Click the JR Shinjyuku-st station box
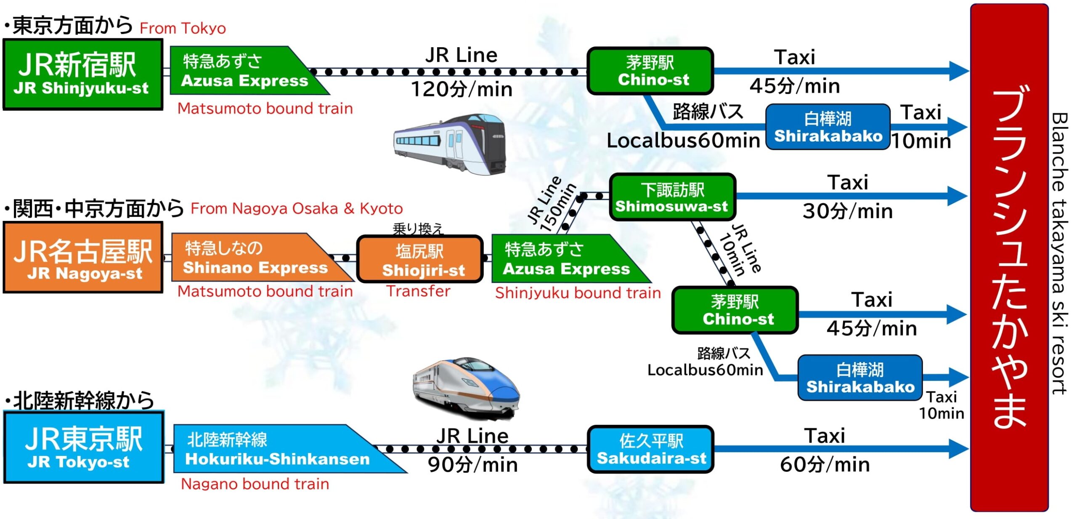[x=83, y=75]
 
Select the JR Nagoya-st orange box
[x=83, y=257]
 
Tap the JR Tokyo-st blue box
[x=84, y=447]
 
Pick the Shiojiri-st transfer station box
[x=420, y=259]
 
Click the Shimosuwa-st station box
[x=672, y=197]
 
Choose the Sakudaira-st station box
[x=650, y=449]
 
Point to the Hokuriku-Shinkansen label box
[x=289, y=449]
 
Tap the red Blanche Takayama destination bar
[x=1009, y=258]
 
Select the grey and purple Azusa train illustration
[x=449, y=144]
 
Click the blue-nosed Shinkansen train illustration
[x=466, y=388]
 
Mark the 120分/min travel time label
[x=462, y=89]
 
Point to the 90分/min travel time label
[x=472, y=465]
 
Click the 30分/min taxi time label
[x=848, y=211]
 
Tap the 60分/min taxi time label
[x=825, y=464]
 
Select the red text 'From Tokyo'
[x=183, y=28]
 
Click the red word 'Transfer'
[x=418, y=291]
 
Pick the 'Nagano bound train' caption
[x=255, y=484]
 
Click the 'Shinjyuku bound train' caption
[x=578, y=293]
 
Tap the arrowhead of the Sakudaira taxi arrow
[x=959, y=448]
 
